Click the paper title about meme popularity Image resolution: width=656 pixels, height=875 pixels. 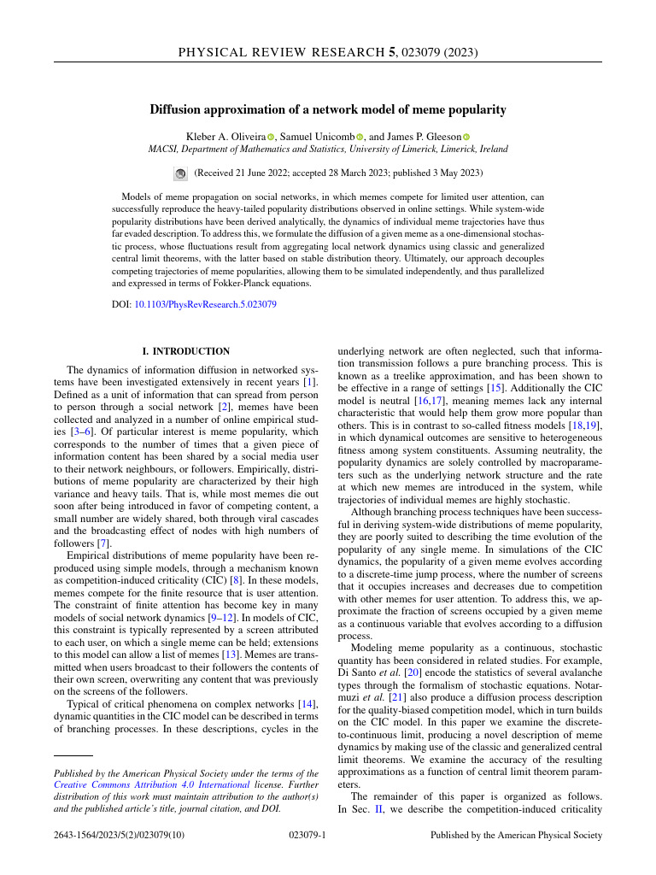(328, 109)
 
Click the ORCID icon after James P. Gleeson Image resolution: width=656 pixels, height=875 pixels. (466, 137)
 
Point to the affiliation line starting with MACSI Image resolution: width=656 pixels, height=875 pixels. (328, 149)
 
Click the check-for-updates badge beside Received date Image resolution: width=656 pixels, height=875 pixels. (180, 173)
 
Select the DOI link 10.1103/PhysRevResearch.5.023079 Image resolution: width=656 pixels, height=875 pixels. (206, 303)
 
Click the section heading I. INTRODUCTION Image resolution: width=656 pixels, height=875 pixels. (185, 351)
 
